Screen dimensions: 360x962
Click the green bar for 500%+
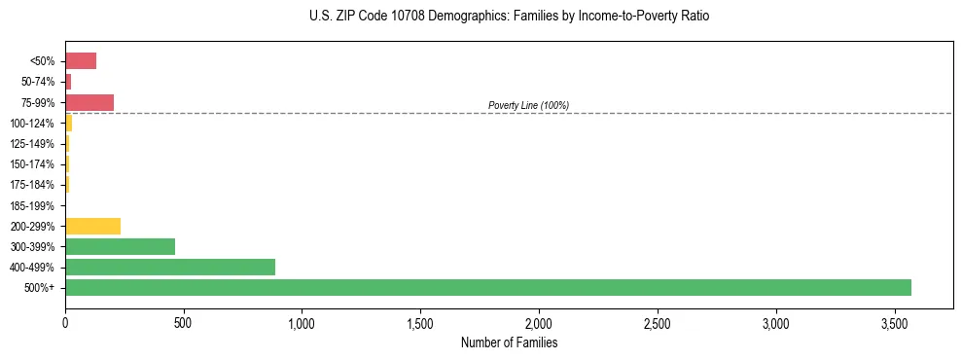pos(487,287)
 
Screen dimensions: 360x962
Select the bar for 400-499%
pos(170,267)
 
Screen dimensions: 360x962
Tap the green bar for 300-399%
pos(120,246)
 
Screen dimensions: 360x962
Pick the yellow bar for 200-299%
pos(92,226)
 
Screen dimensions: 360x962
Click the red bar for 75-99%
pos(89,102)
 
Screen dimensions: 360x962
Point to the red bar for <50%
pos(81,61)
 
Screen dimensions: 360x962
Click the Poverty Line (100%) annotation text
pos(528,105)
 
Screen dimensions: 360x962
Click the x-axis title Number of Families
pos(509,342)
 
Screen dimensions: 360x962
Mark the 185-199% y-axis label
pos(34,205)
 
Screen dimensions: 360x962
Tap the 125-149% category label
pos(34,144)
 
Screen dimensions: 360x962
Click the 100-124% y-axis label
pos(34,124)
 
